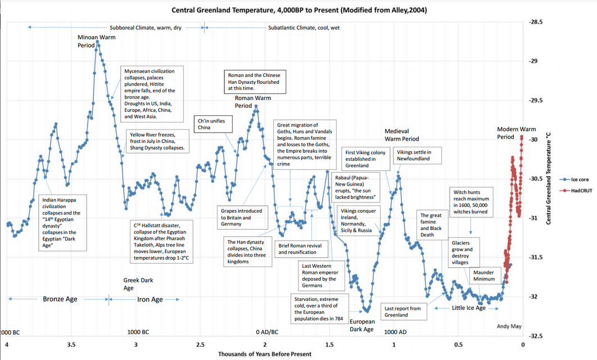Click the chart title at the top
tap(298, 10)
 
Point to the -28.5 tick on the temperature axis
tap(537, 22)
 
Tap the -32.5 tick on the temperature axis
tap(537, 336)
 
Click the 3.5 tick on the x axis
tap(71, 344)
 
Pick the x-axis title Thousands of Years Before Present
tap(264, 354)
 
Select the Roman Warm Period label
tap(252, 101)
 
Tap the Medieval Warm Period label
tap(401, 134)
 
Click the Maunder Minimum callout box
tap(483, 275)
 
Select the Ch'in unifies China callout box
tap(211, 124)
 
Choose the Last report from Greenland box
tap(402, 312)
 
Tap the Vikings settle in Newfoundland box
tap(417, 155)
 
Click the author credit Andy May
tap(510, 326)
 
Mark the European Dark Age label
tap(361, 325)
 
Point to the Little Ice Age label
tap(468, 308)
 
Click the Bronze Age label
tap(60, 299)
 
